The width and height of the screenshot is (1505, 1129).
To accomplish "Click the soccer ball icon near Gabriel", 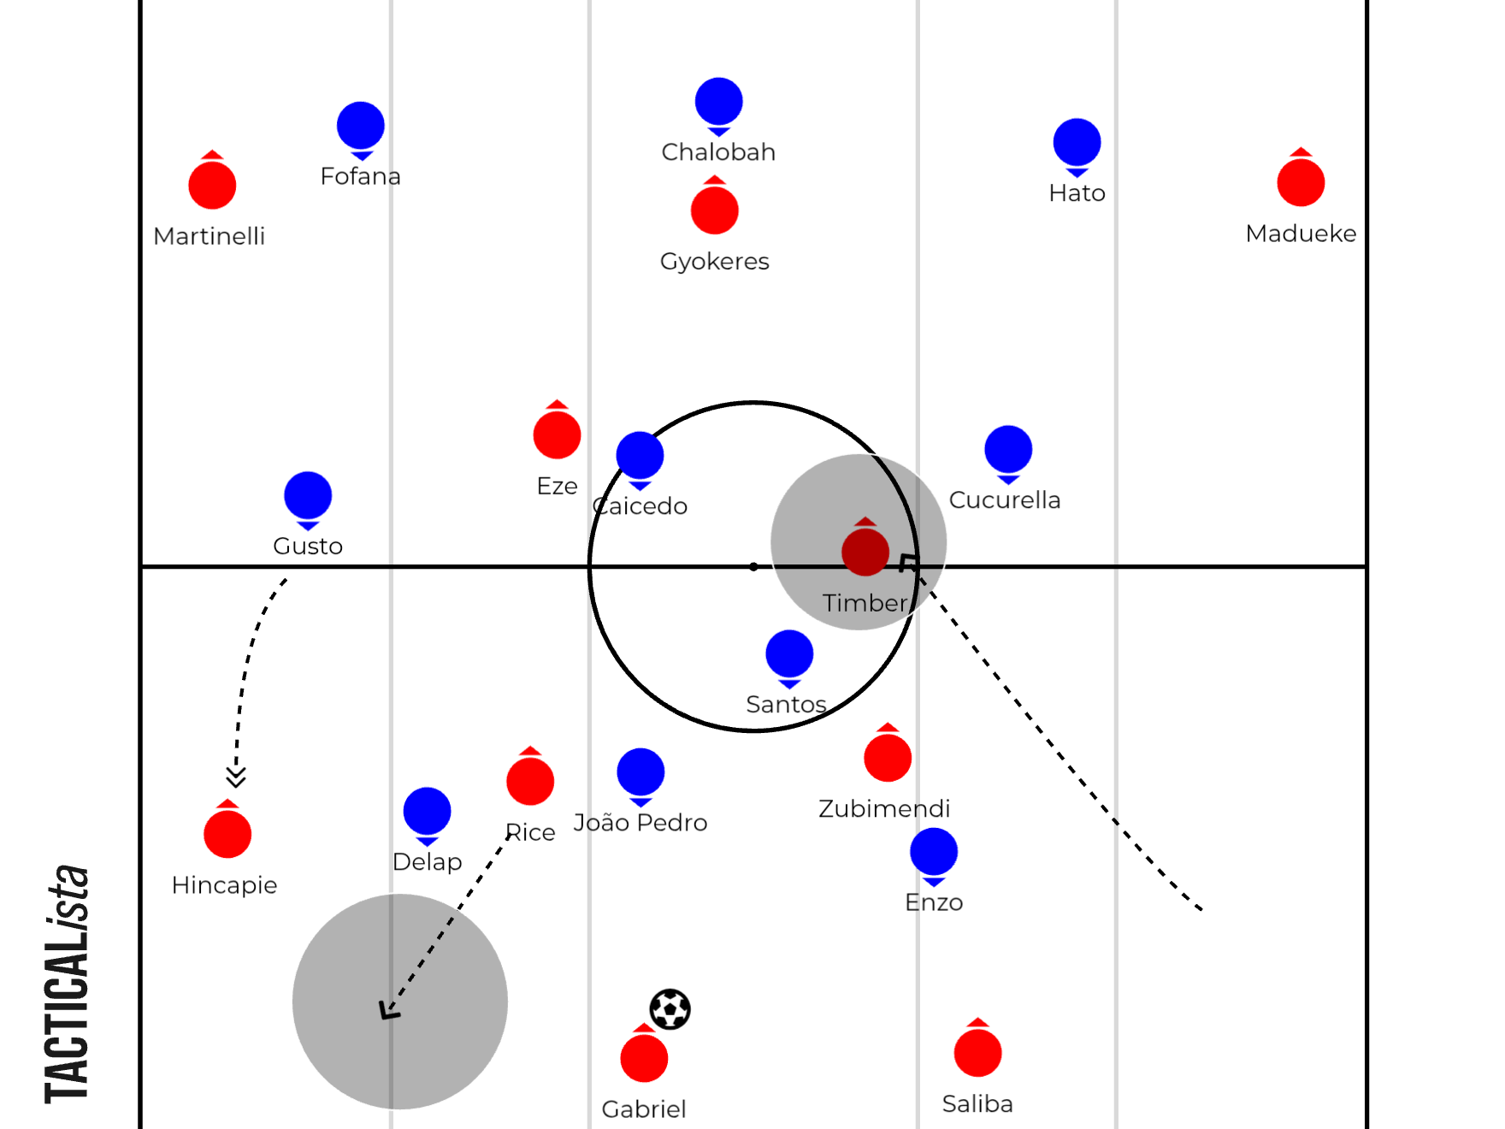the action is click(x=670, y=1009).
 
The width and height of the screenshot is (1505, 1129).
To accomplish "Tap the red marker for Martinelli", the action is click(x=212, y=183).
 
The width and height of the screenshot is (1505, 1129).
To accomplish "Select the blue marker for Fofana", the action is click(x=361, y=128).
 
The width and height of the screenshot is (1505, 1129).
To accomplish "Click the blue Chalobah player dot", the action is click(x=719, y=104).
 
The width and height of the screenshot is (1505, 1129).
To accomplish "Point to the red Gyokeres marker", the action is click(x=715, y=208).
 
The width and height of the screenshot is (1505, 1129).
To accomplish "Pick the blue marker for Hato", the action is click(x=1077, y=145).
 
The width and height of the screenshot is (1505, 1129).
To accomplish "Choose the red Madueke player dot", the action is click(x=1301, y=180).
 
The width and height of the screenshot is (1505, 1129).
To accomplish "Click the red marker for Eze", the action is click(x=558, y=432).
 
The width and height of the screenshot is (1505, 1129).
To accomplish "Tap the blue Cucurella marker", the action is click(x=1009, y=452).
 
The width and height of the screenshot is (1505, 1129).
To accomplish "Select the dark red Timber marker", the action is click(x=865, y=549).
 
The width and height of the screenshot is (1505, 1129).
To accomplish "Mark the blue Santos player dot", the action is click(x=790, y=657).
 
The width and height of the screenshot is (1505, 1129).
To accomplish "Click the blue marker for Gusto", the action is click(x=308, y=499).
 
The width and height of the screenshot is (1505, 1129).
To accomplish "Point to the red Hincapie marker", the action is click(x=227, y=831).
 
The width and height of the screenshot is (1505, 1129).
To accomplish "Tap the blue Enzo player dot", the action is click(x=934, y=854).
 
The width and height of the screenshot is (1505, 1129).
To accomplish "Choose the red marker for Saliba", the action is click(x=978, y=1050).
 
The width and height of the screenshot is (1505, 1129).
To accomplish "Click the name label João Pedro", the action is click(x=640, y=822).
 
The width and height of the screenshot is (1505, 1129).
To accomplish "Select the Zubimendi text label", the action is click(x=884, y=808).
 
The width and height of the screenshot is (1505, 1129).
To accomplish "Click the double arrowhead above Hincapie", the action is click(x=236, y=776).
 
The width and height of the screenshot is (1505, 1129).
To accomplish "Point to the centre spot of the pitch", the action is click(x=753, y=566).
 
